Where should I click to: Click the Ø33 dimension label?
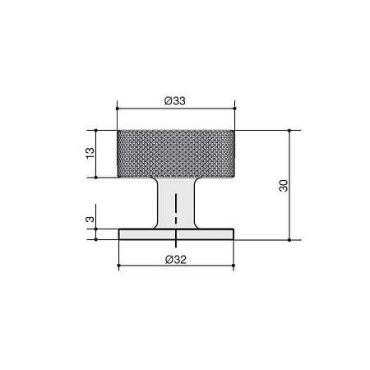175,101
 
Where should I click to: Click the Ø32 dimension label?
176,259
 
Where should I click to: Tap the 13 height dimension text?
90,153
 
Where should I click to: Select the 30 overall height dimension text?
284,186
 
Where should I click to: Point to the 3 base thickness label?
90,220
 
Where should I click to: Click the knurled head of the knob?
176,154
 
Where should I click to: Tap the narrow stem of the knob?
176,203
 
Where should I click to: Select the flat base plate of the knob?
176,234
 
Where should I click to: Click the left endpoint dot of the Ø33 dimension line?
118,109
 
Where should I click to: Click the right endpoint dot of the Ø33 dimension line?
234,109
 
